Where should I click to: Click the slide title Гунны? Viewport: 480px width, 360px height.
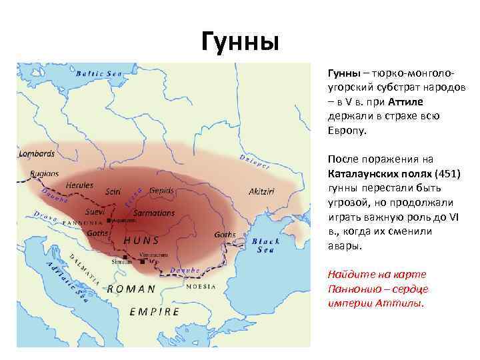click(x=239, y=43)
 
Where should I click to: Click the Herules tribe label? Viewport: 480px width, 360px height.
click(x=79, y=184)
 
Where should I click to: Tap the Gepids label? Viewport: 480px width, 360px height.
click(x=161, y=190)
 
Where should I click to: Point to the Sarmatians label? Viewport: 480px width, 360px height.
click(x=154, y=213)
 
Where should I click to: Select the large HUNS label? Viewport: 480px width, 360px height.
click(x=141, y=240)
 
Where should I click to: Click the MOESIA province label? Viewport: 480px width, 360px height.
click(x=201, y=286)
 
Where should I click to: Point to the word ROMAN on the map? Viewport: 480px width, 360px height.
click(x=131, y=289)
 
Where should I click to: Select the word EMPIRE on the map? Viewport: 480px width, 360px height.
click(x=155, y=311)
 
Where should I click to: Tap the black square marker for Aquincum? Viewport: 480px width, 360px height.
click(x=109, y=219)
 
